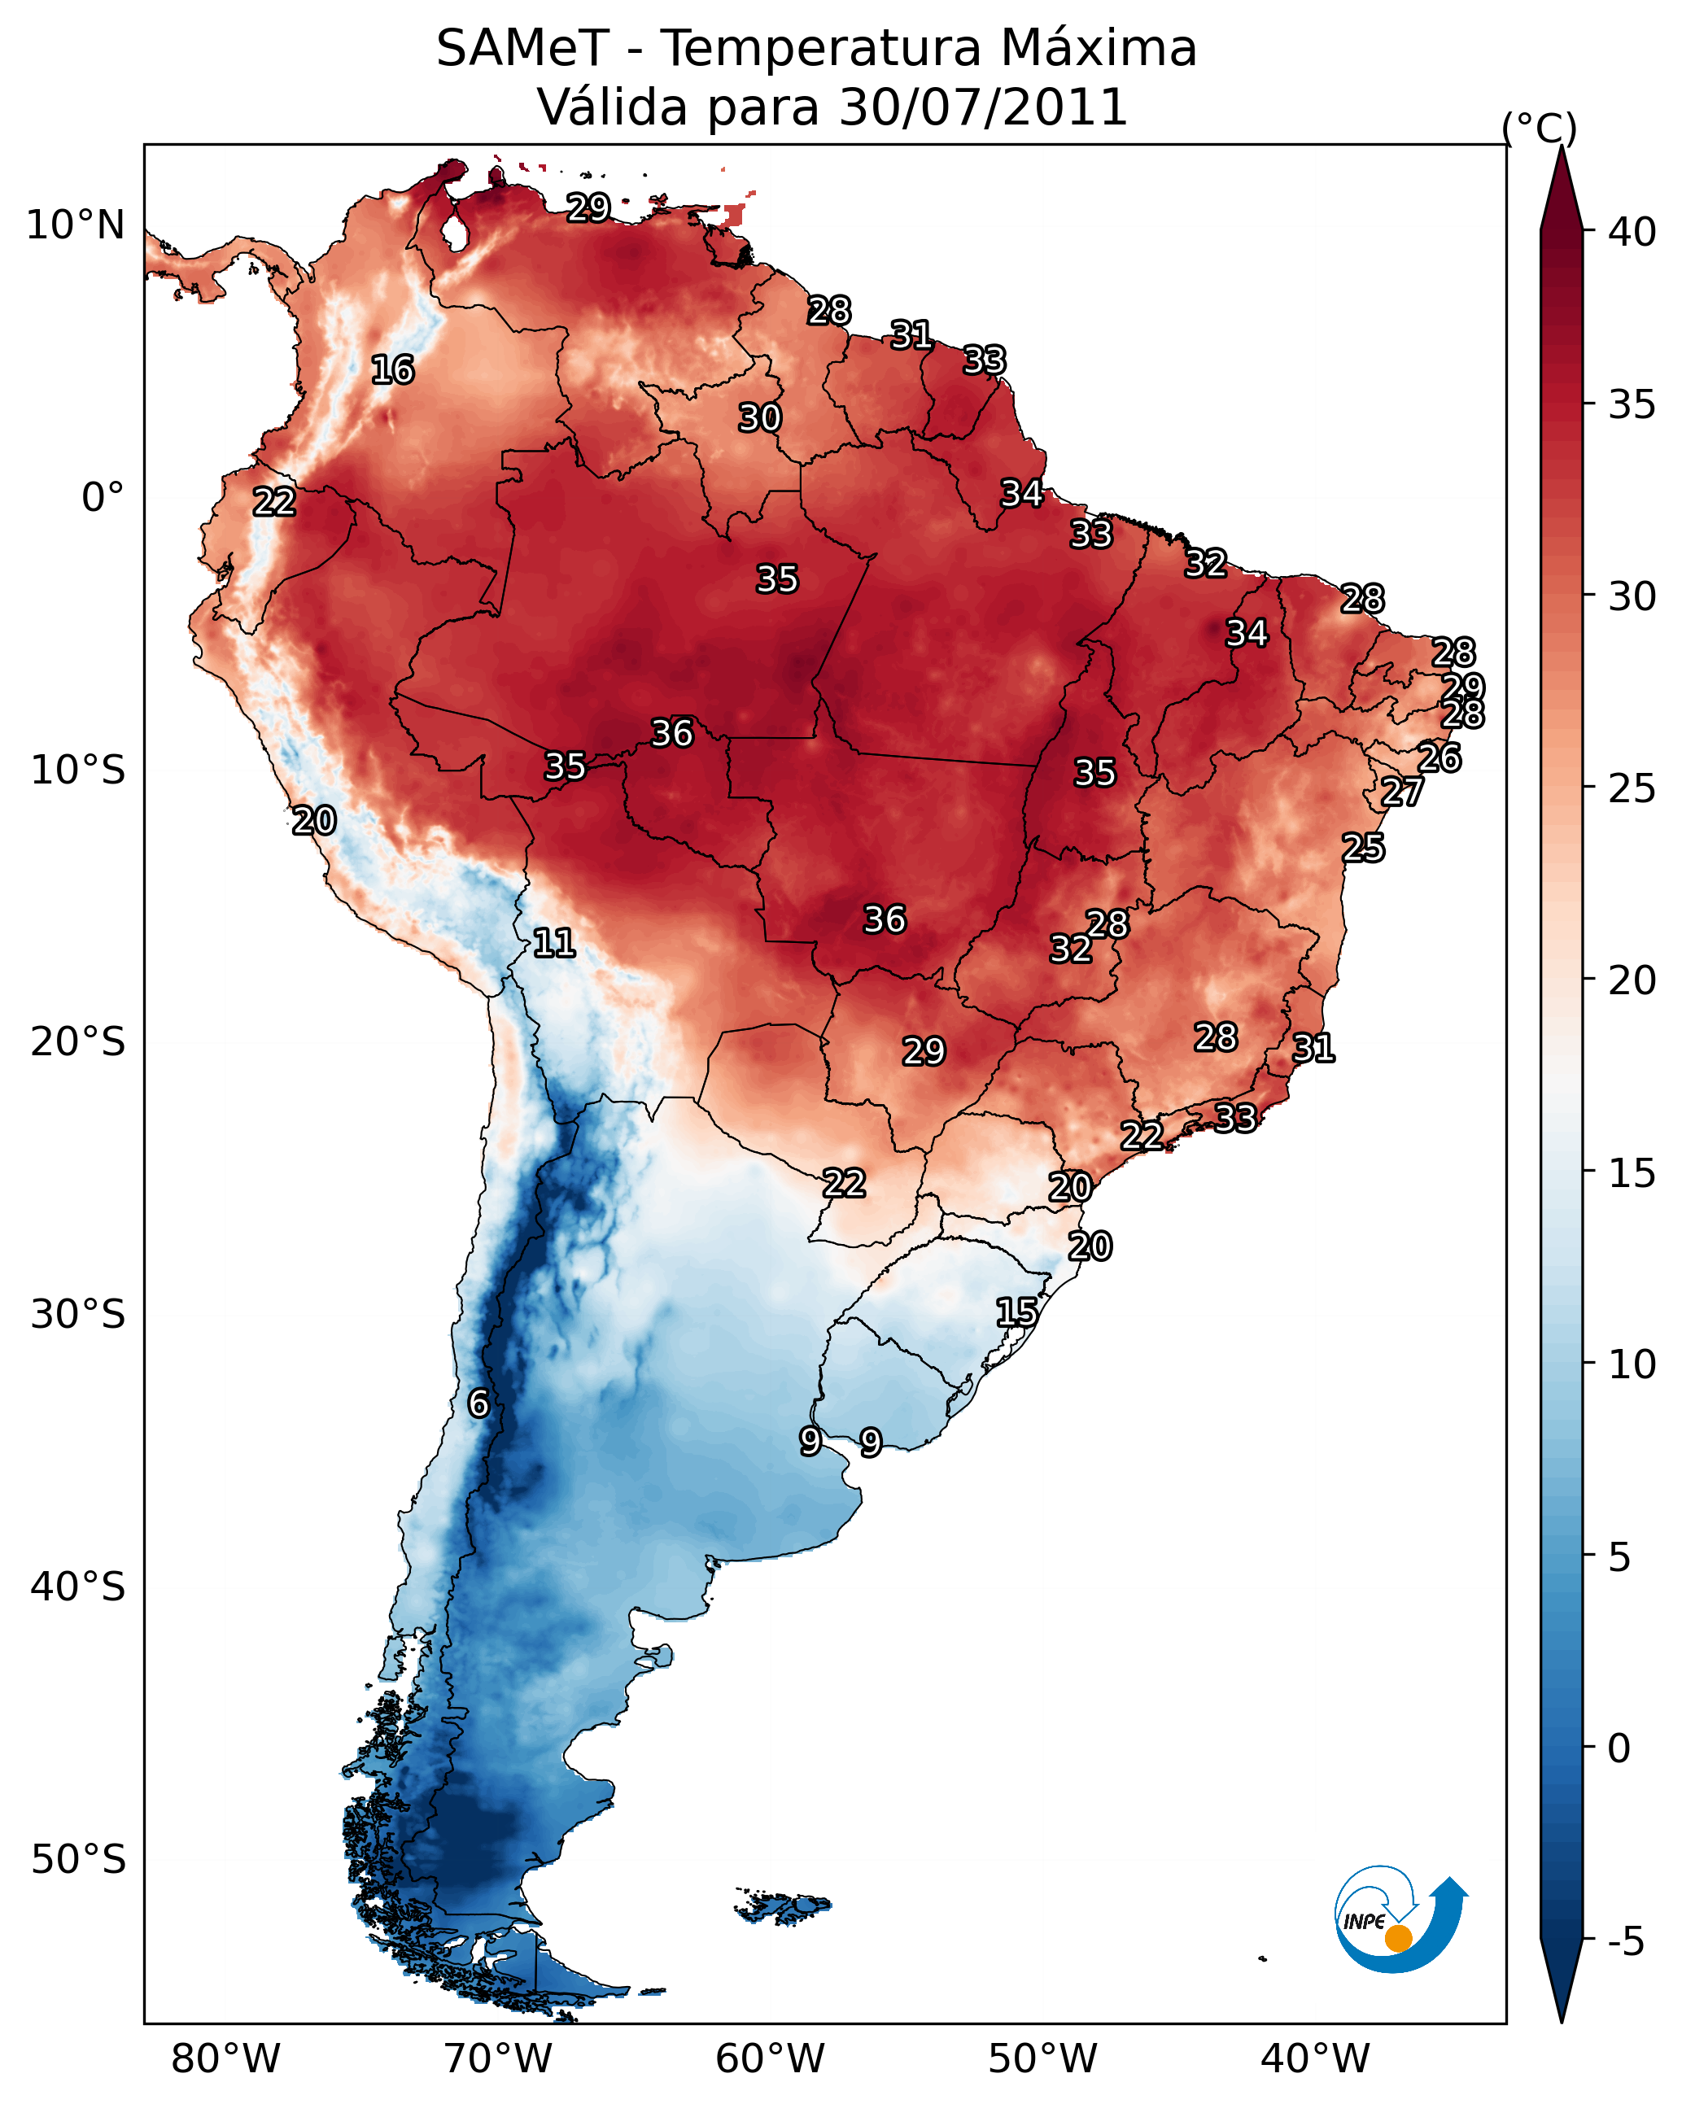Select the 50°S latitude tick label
(x=78, y=1859)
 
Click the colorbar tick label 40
(x=1632, y=232)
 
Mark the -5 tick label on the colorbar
(x=1627, y=1942)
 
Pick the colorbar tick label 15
(x=1632, y=1173)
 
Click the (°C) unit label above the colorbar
(x=1539, y=128)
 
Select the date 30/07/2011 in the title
(x=983, y=107)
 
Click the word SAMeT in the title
(x=522, y=49)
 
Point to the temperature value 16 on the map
(x=392, y=370)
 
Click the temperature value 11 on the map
(x=553, y=943)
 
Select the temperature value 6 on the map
(x=478, y=1403)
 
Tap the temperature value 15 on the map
(x=1016, y=1312)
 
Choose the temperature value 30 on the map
(x=759, y=417)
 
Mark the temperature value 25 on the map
(x=1363, y=847)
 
